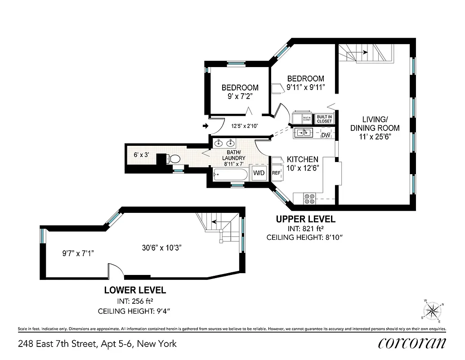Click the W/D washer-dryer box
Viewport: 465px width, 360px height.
tap(259, 173)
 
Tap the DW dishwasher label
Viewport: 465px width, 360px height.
tap(326, 135)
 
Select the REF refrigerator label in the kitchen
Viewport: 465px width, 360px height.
tap(276, 172)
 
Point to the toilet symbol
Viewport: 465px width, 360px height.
tap(173, 159)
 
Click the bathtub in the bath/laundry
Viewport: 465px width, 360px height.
tap(229, 174)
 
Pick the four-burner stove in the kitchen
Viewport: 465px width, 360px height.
tap(309, 198)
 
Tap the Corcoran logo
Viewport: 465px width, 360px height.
tap(412, 343)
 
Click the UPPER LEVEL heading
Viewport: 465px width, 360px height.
tap(305, 219)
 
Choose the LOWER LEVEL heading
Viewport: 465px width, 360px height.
tap(134, 290)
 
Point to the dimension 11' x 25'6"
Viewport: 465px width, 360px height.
tap(375, 136)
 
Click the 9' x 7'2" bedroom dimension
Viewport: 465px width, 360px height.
tap(240, 96)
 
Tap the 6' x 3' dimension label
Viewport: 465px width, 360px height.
tap(141, 155)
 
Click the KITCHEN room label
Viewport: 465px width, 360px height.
tap(303, 160)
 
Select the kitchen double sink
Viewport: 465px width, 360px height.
tap(304, 133)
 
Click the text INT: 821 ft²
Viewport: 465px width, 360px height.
tap(305, 229)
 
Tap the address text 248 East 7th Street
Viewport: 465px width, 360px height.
tap(97, 344)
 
